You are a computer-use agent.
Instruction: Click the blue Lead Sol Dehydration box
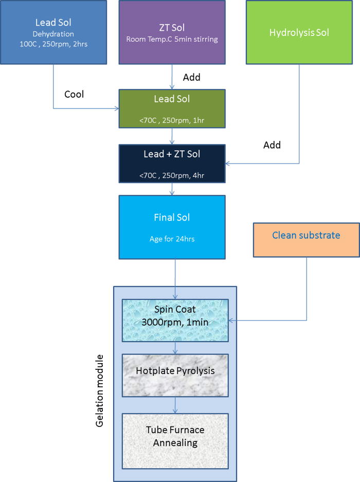pos(53,32)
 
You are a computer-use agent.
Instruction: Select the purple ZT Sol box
pos(172,32)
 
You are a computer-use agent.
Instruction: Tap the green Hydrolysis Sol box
pos(299,32)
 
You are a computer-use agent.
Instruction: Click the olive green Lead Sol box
pos(172,109)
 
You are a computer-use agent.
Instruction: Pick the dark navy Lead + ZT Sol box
pos(172,164)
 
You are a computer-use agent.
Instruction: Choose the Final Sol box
pos(172,226)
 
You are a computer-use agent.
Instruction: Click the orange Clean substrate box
pos(306,239)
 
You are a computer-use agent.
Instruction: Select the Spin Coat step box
pos(175,320)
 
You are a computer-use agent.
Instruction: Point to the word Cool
pos(74,95)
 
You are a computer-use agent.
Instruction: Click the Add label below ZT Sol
pos(192,77)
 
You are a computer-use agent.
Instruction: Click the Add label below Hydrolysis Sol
pos(272,145)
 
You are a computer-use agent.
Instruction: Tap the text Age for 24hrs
pos(172,238)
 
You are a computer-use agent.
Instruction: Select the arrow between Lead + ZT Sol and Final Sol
pos(172,189)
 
